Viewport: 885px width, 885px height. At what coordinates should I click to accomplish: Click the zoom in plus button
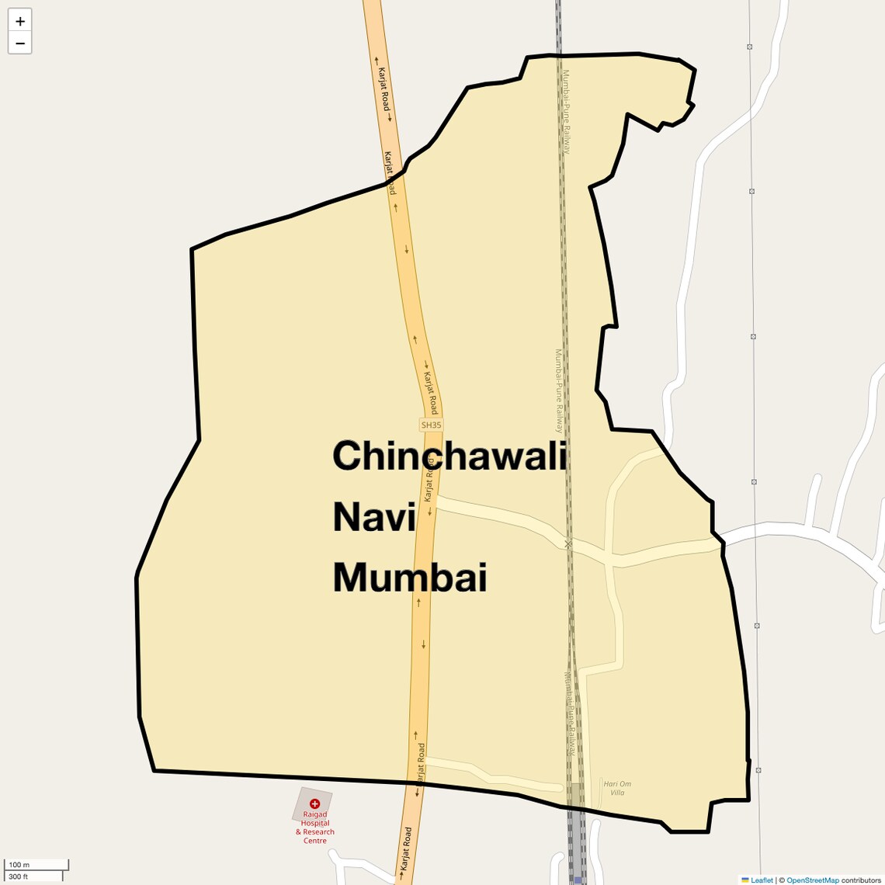coord(20,21)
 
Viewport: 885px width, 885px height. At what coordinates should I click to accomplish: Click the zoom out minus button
coord(20,43)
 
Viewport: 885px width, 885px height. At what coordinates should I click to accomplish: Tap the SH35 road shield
coord(431,425)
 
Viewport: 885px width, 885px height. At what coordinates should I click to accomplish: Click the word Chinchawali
coord(449,456)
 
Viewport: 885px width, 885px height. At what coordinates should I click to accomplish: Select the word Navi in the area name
coord(374,517)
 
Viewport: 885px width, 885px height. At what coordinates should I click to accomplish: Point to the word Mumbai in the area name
coord(409,578)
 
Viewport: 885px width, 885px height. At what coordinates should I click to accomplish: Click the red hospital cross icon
coord(314,804)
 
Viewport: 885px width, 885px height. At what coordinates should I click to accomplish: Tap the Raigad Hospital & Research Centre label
coord(315,828)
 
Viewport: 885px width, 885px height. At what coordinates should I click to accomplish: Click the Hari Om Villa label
coord(616,788)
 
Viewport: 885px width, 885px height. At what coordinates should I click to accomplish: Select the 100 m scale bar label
coord(19,865)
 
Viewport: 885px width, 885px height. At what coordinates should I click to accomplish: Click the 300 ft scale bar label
coord(19,876)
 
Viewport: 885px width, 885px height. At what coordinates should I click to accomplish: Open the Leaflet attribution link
coord(762,880)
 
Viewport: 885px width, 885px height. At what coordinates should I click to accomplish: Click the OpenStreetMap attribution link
coord(813,880)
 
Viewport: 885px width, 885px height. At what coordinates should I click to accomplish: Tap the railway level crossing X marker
coord(568,544)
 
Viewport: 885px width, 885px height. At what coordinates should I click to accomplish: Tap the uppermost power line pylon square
coord(749,47)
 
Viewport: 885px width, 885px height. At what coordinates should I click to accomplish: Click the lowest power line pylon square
coord(758,770)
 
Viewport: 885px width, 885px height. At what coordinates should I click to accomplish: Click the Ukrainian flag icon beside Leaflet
coord(745,880)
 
